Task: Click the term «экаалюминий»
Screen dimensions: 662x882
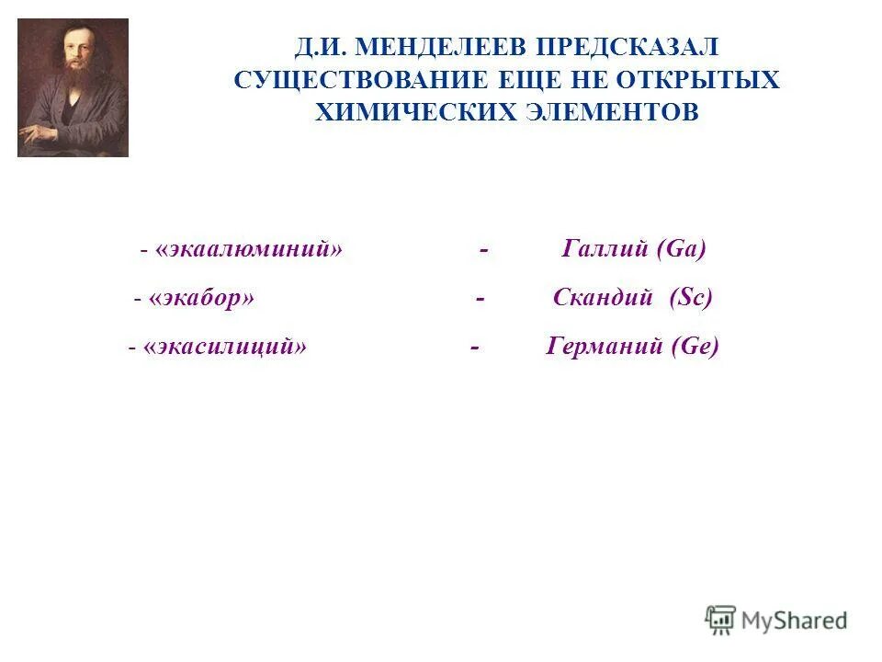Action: pos(249,249)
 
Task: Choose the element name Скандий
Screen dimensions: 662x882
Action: pos(603,299)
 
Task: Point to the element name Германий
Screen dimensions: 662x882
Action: pos(605,348)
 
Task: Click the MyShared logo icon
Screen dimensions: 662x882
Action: pos(721,621)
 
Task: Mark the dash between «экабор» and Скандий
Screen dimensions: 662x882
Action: pos(481,299)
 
